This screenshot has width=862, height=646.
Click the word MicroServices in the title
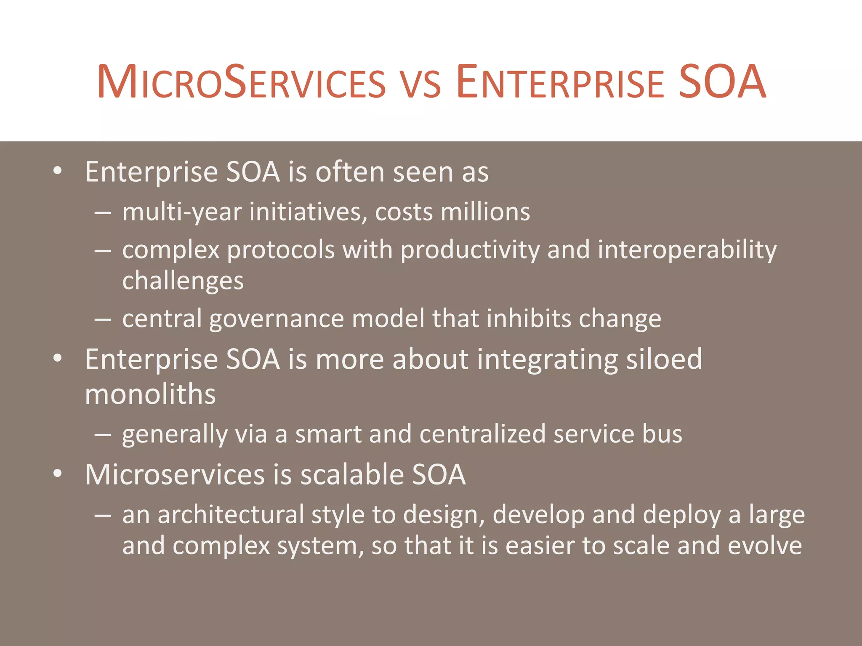(x=241, y=82)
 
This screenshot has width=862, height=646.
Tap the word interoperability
(x=687, y=250)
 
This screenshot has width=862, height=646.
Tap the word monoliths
(x=150, y=394)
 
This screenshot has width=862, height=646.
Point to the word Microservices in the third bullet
(x=175, y=475)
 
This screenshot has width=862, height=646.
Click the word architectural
(x=231, y=515)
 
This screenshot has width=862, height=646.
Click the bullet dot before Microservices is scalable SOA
(x=58, y=474)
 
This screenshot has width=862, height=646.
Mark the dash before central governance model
(x=103, y=320)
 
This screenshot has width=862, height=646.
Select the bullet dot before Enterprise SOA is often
(x=58, y=171)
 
